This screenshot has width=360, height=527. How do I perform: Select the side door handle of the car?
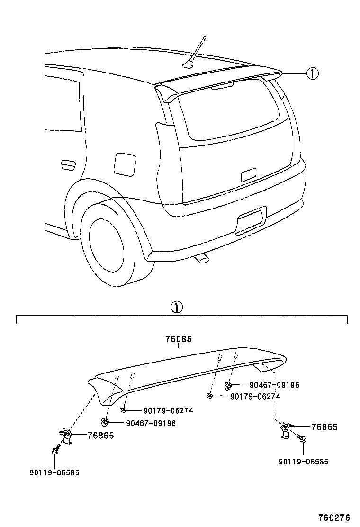68,164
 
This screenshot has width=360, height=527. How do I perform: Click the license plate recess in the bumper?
252,220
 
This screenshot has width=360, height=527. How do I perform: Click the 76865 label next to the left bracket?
100,436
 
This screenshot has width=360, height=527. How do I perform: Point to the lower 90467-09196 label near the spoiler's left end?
151,423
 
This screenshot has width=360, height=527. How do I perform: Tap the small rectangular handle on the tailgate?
249,174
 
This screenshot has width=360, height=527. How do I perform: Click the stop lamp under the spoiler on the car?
222,85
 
